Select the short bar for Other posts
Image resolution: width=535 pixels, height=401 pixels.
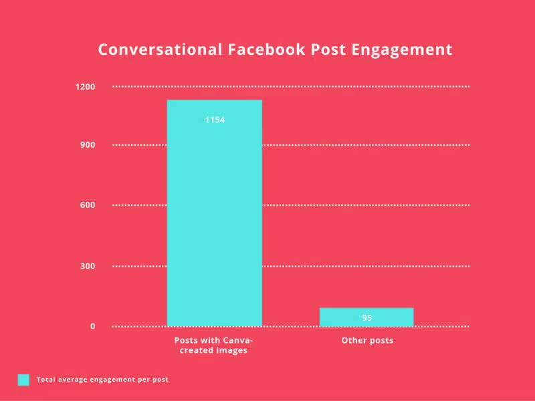(366, 317)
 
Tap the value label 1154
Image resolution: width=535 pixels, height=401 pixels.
(214, 120)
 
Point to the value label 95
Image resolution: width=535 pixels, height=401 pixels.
(366, 318)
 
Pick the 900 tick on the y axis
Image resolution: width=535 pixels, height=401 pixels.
(88, 145)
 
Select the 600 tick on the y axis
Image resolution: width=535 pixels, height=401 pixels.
(88, 205)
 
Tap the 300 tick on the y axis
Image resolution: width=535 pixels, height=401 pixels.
(88, 266)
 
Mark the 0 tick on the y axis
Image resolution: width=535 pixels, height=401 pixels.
(92, 326)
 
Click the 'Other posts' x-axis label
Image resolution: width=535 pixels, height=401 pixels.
(367, 340)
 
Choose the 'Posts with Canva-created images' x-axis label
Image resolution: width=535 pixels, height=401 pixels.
(214, 345)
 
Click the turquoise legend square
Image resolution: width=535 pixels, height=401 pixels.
(23, 380)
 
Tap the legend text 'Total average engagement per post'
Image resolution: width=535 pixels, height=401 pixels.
(102, 380)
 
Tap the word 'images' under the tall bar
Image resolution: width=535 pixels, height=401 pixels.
(231, 350)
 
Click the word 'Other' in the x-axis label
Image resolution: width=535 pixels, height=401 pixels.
(352, 340)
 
